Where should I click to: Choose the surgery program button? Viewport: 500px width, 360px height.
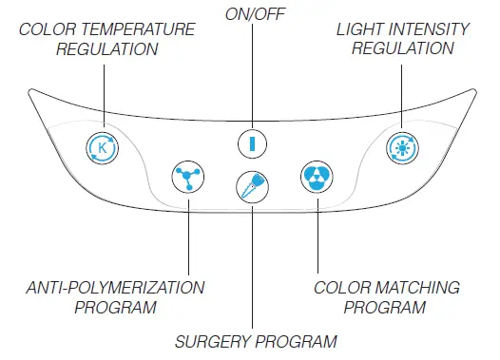coord(252,182)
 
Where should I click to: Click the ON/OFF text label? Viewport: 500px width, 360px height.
coord(251,12)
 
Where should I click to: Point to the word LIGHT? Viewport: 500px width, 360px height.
coord(358,29)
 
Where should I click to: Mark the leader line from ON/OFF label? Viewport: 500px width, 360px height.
coord(252,76)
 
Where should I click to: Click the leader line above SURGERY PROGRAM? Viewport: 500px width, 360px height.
coord(252,266)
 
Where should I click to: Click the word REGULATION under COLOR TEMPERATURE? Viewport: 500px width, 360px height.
coord(106,48)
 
